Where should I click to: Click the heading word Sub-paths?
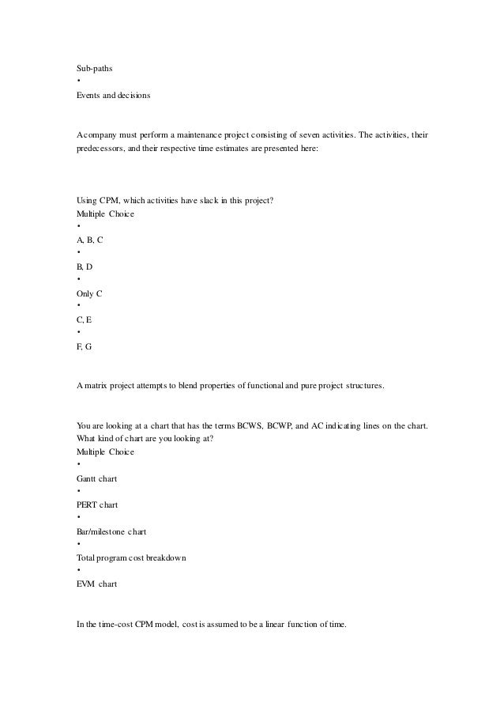point(94,69)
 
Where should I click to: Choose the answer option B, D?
point(85,266)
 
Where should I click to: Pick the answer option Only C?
point(89,293)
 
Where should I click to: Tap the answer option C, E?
point(84,320)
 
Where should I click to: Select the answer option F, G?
point(85,347)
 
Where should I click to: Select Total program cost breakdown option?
point(131,559)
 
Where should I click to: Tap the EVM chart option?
point(96,586)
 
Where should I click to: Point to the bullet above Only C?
point(78,280)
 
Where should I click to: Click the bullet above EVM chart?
point(78,572)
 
